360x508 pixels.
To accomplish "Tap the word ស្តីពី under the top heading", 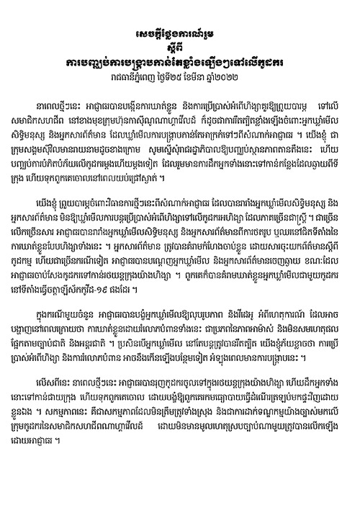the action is point(180,47).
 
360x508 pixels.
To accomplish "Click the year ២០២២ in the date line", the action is point(246,75).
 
